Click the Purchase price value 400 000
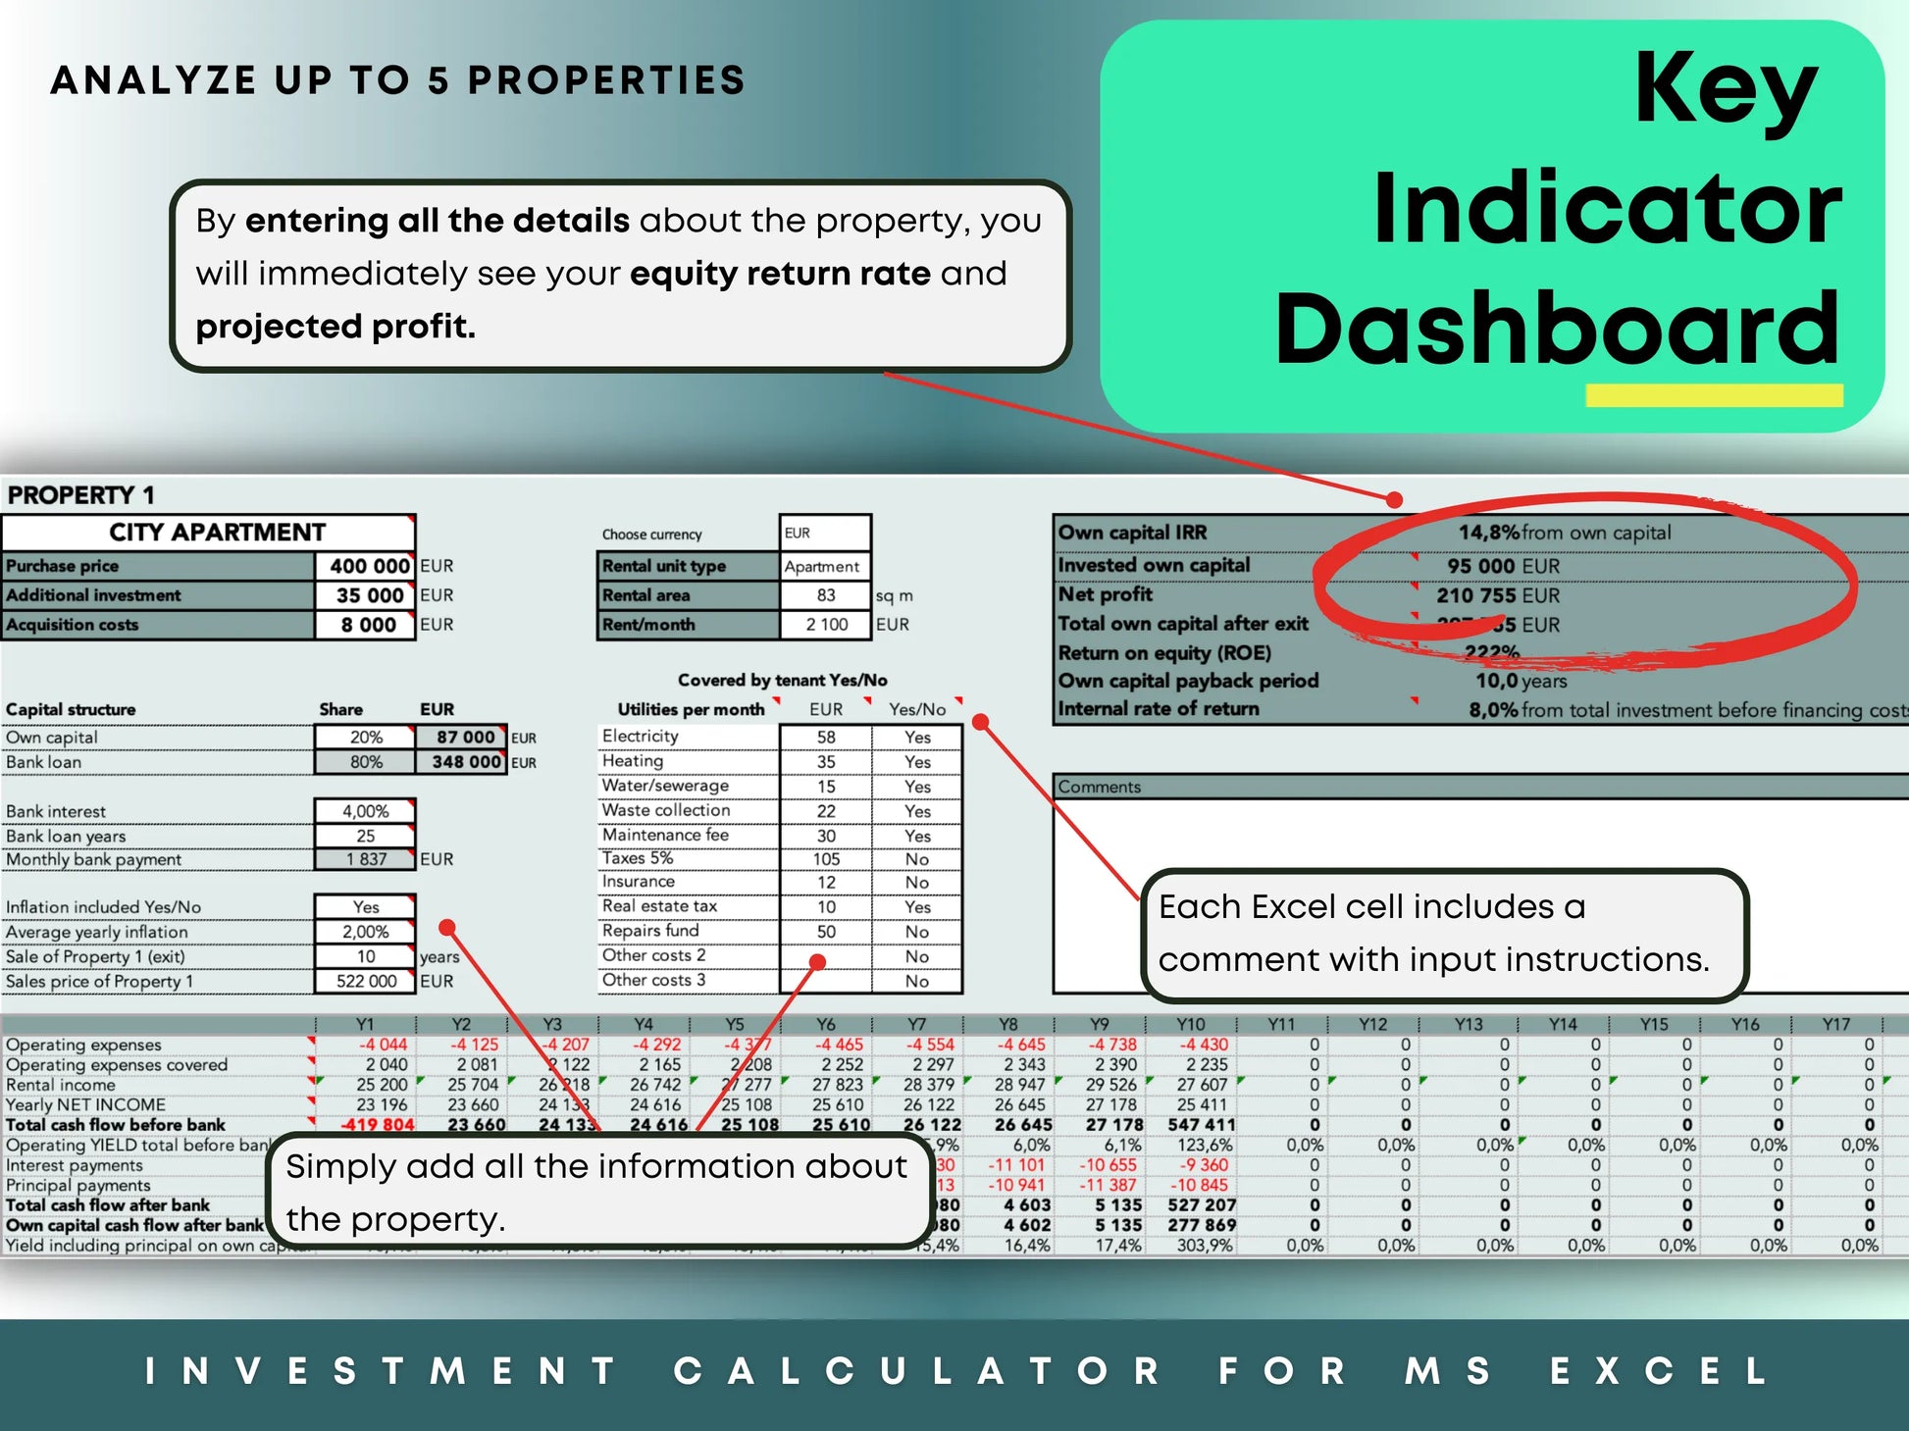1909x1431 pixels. pyautogui.click(x=368, y=566)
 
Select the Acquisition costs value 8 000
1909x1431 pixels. pyautogui.click(x=368, y=625)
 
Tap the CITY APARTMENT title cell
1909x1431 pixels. pyautogui.click(x=216, y=533)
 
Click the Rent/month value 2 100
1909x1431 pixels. pyautogui.click(x=826, y=625)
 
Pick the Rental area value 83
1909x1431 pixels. pyautogui.click(x=826, y=595)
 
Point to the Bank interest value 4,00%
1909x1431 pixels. pyautogui.click(x=365, y=811)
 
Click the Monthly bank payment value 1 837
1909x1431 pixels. pyautogui.click(x=365, y=859)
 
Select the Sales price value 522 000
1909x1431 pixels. pyautogui.click(x=365, y=981)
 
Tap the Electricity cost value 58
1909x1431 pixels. pyautogui.click(x=826, y=737)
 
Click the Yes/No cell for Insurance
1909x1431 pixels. pyautogui.click(x=917, y=883)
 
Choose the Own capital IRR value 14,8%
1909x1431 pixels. pyautogui.click(x=1487, y=533)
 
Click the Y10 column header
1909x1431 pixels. pyautogui.click(x=1190, y=1024)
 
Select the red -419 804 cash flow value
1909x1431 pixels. pyautogui.click(x=378, y=1125)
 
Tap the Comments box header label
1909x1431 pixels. pyautogui.click(x=1099, y=787)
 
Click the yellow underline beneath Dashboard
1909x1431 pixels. pyautogui.click(x=1714, y=395)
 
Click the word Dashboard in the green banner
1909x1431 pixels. pyautogui.click(x=1557, y=327)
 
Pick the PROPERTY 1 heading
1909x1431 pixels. pyautogui.click(x=80, y=494)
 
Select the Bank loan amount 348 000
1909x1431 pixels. pyautogui.click(x=466, y=762)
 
